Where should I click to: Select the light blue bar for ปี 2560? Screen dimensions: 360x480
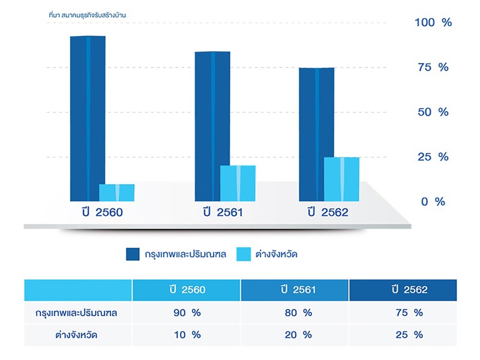point(116,193)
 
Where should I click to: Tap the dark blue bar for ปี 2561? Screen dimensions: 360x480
point(212,126)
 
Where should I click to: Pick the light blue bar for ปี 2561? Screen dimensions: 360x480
point(238,183)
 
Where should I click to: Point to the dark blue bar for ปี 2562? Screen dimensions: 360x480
point(316,134)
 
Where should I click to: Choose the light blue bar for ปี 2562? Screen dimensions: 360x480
point(341,179)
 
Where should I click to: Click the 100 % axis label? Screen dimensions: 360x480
point(433,23)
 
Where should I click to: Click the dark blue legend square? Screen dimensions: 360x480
point(133,254)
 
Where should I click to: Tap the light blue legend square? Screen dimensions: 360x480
point(244,254)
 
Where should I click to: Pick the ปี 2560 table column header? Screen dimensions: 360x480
point(187,290)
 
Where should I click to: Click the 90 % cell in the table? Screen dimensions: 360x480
point(186,313)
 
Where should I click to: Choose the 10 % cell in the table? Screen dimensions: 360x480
point(186,335)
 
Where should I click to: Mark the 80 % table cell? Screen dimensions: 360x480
point(294,313)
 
